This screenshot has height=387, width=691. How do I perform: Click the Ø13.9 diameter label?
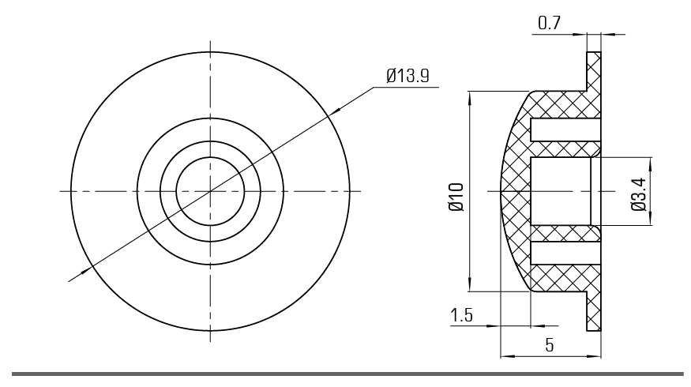pos(407,75)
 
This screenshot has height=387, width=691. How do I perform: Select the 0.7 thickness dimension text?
pos(549,23)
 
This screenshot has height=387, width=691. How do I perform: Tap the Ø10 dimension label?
pos(456,197)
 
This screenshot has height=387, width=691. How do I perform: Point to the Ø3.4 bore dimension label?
pos(639,194)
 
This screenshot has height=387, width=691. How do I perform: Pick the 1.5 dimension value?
pos(461,316)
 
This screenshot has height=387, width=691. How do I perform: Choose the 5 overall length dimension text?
pos(549,345)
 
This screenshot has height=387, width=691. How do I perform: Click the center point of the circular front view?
pos(210,191)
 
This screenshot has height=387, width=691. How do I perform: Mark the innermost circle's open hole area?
pos(210,191)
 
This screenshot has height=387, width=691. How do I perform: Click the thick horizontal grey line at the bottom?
pos(347,374)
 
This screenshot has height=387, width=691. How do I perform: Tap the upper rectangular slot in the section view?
pos(565,130)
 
